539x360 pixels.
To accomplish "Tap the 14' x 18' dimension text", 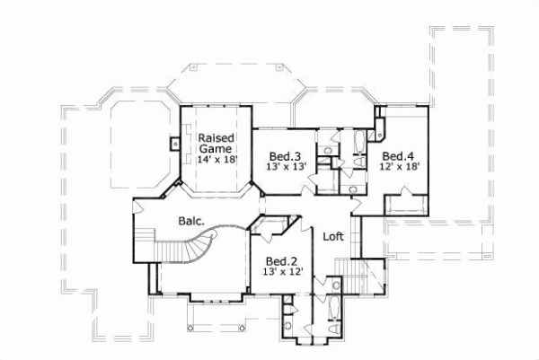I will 216,159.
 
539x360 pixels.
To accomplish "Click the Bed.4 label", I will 398,154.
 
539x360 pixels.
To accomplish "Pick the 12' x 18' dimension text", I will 398,165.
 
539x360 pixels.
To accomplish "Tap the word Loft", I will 334,237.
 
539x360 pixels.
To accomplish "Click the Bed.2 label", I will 279,259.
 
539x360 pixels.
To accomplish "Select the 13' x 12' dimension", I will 279,270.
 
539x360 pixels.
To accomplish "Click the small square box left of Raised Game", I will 172,141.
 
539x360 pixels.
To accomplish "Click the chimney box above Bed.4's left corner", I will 379,114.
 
